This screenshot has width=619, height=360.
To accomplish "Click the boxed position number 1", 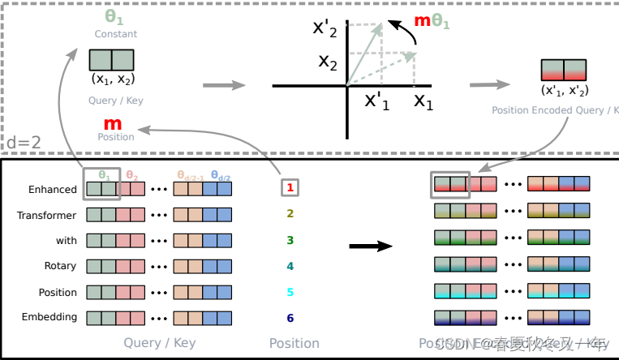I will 290,188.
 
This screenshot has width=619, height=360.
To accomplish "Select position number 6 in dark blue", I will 290,318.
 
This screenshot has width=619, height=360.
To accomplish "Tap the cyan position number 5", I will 290,292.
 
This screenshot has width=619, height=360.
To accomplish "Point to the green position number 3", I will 290,241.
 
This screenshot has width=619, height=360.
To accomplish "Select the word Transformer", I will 47,216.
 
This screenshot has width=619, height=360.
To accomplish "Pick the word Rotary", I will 61,266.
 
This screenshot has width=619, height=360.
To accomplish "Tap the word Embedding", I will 51,317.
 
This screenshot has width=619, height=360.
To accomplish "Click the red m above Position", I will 113,124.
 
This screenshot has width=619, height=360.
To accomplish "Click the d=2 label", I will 24,144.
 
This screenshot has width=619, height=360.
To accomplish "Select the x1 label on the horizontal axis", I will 423,101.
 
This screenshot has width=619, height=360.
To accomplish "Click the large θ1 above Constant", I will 114,17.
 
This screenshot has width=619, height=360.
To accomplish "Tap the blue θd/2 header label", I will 220,174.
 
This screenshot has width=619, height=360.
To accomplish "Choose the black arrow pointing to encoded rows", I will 375,246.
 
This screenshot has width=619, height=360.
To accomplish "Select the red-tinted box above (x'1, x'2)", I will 563,69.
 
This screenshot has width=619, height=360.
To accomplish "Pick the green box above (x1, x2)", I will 112,61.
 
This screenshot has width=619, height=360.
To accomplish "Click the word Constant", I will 116,34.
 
